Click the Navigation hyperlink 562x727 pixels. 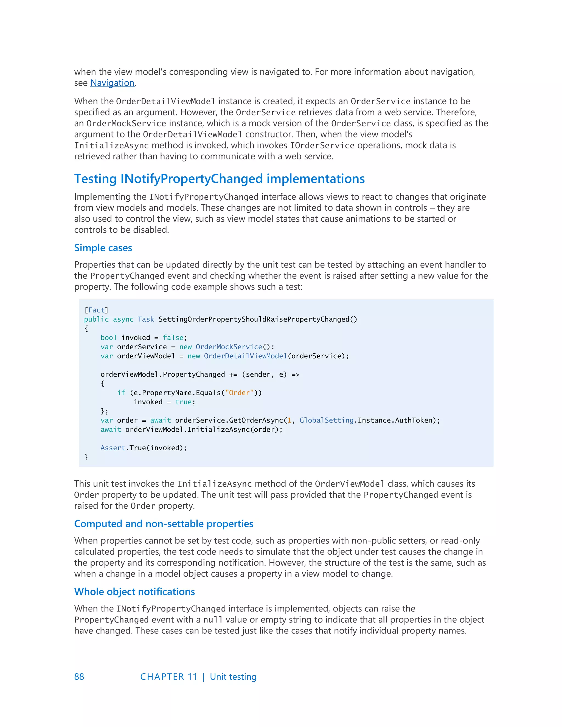pyautogui.click(x=112, y=83)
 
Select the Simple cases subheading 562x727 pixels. pyautogui.click(x=103, y=248)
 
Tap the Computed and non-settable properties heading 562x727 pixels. pyautogui.click(x=164, y=524)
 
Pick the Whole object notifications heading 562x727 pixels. pyautogui.click(x=134, y=591)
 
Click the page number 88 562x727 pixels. pyautogui.click(x=79, y=677)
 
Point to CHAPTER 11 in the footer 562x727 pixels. pyautogui.click(x=168, y=677)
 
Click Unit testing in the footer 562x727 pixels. pyautogui.click(x=233, y=677)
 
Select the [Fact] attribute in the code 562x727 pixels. pyautogui.click(x=96, y=310)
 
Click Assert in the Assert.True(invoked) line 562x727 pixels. pyautogui.click(x=113, y=448)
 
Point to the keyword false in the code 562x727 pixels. pyautogui.click(x=173, y=337)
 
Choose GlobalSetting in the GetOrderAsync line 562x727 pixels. pyautogui.click(x=326, y=420)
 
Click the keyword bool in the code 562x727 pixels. pyautogui.click(x=109, y=337)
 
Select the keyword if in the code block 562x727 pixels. pyautogui.click(x=121, y=393)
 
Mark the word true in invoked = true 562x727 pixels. pyautogui.click(x=184, y=402)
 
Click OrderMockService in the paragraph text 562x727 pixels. pyautogui.click(x=126, y=123)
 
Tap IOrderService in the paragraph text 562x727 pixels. pyautogui.click(x=322, y=145)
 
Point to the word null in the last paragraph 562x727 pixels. pyautogui.click(x=213, y=620)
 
